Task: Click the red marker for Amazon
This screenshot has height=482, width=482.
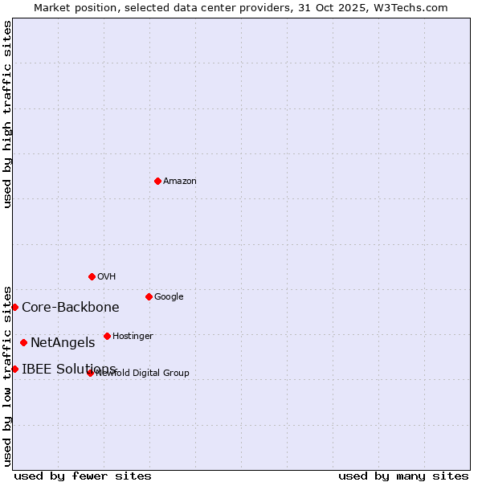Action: click(x=157, y=181)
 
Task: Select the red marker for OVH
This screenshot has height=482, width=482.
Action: click(x=92, y=276)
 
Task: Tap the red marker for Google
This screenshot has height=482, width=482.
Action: click(x=149, y=296)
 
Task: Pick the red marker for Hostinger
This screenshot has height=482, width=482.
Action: click(x=107, y=336)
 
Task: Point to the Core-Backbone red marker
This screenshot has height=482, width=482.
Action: click(x=14, y=307)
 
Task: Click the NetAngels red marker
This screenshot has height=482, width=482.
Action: click(x=23, y=342)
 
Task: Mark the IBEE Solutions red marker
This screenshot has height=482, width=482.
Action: click(x=14, y=369)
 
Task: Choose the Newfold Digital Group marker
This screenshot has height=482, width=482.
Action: click(x=90, y=373)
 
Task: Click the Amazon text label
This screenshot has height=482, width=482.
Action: click(x=180, y=182)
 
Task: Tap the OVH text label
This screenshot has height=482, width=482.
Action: click(x=107, y=277)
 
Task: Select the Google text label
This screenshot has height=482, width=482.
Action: click(x=169, y=297)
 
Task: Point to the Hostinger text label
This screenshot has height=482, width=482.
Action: click(x=133, y=337)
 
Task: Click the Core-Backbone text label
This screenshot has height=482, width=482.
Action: click(x=71, y=308)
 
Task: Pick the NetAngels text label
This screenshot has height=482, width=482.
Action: click(x=63, y=343)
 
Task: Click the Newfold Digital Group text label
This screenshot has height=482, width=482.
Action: click(x=143, y=374)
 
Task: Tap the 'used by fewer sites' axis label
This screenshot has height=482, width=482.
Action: click(x=83, y=476)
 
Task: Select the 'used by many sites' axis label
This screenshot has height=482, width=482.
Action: click(x=403, y=476)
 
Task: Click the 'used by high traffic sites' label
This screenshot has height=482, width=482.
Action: click(x=7, y=114)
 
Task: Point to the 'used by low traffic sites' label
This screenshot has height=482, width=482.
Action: click(x=7, y=374)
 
